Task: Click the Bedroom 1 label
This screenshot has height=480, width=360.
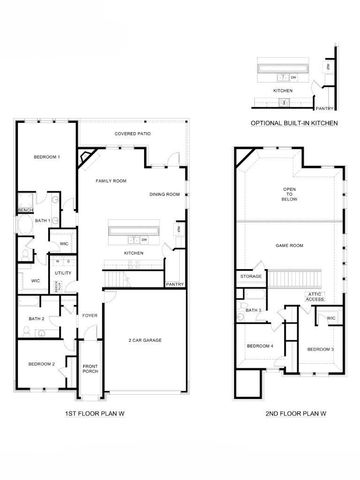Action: [46, 157]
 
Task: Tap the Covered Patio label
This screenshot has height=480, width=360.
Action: [132, 133]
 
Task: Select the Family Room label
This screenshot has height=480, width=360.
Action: [111, 181]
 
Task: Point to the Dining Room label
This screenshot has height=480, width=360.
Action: [165, 194]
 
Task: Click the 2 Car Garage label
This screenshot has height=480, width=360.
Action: [145, 341]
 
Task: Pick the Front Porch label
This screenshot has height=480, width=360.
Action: [90, 369]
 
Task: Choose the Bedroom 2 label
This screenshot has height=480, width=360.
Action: [41, 364]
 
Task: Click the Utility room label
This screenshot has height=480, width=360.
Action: [62, 272]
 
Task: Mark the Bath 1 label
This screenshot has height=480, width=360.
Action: [43, 220]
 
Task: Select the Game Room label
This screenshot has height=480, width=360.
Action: [289, 245]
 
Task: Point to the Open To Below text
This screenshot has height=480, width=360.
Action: [290, 194]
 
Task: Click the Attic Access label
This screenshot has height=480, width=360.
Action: [315, 297]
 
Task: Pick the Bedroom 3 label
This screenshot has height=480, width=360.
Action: [320, 348]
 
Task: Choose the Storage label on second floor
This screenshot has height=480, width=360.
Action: [251, 276]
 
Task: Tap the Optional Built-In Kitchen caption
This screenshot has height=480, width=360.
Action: [293, 122]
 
